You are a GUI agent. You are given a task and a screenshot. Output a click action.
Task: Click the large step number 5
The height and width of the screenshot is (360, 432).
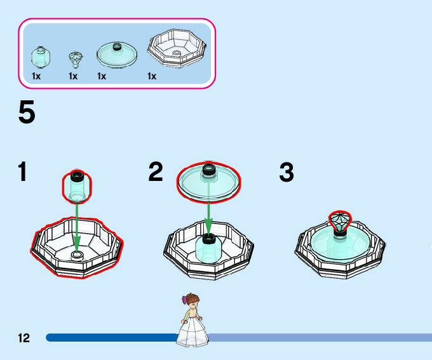(x=26, y=113)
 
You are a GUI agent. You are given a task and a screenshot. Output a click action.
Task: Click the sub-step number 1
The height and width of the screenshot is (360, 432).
(x=23, y=171)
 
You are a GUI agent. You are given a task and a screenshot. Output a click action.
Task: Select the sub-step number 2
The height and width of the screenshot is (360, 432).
(x=156, y=171)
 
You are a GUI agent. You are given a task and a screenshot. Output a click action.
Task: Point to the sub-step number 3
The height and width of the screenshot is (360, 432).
(x=287, y=171)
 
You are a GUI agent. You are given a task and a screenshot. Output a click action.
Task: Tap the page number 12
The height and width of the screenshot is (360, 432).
(x=24, y=338)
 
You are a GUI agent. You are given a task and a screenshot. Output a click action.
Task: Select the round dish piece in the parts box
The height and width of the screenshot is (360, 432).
(x=117, y=55)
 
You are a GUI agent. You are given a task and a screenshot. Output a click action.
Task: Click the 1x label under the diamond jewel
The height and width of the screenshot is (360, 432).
(x=73, y=76)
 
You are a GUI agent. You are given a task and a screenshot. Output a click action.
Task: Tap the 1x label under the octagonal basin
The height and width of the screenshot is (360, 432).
(x=152, y=76)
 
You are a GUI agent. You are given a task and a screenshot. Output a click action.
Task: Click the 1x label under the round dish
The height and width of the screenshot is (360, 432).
(x=102, y=76)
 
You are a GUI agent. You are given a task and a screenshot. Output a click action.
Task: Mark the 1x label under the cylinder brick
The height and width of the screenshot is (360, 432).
(x=36, y=76)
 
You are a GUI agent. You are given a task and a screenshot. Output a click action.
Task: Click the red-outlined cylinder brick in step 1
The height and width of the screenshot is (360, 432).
(x=76, y=185)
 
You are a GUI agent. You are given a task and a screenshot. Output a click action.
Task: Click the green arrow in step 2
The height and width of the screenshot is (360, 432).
(x=208, y=219)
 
